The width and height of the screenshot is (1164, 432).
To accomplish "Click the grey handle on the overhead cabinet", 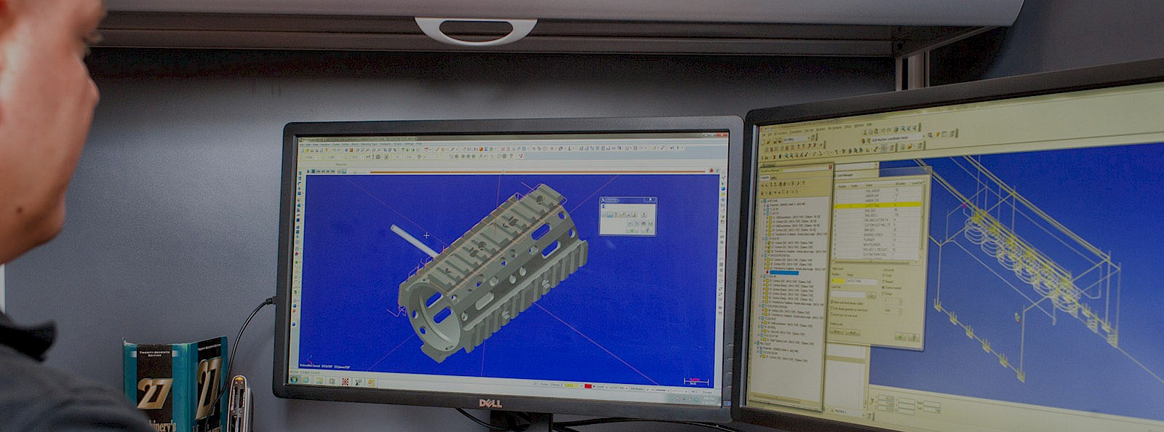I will click(476, 30).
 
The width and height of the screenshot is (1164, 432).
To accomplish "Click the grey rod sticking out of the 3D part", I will click(413, 239).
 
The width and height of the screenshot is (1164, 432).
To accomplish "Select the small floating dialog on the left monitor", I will click(627, 216).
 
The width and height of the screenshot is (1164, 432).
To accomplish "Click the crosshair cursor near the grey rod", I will click(426, 235).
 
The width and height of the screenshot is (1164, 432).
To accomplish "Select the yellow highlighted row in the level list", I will click(877, 206).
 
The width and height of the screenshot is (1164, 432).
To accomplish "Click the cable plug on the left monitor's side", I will click(269, 300).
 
